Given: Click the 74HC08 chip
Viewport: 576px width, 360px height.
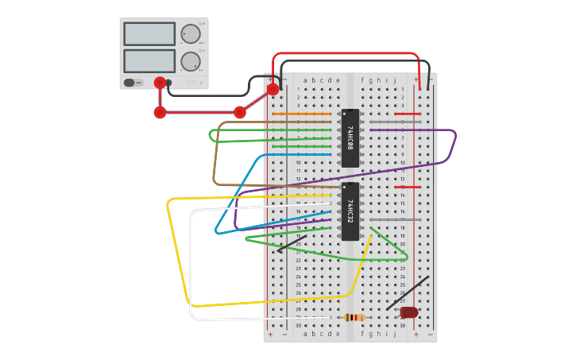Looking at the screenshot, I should point(350,138).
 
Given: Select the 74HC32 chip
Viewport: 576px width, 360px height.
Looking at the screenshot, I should point(350,211).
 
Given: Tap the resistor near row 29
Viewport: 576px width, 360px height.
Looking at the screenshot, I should point(354,317).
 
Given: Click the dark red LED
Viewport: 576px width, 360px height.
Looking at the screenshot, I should point(409,312).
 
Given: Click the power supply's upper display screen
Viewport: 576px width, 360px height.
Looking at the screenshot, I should point(149,34).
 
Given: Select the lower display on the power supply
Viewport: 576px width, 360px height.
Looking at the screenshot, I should point(149,61).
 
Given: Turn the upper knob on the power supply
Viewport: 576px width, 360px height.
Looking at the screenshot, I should point(190,34).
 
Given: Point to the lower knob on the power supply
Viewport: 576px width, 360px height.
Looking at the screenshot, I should point(190,62).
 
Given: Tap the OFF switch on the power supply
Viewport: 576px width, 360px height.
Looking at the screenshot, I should point(130,83).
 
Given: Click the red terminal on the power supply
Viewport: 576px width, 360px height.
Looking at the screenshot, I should point(160,83).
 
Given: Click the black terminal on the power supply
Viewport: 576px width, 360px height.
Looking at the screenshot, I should point(168,83).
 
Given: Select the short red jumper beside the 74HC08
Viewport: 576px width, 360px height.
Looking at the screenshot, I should point(408,114).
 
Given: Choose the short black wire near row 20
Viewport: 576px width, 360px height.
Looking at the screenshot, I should point(292,244).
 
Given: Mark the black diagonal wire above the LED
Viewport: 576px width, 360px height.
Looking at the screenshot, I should point(408,293).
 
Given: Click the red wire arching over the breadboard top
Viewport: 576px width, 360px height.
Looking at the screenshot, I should point(346,54).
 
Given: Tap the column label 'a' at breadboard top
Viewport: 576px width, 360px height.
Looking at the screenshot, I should point(305,80).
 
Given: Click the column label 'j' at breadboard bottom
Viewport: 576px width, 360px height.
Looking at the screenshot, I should point(395,335).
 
